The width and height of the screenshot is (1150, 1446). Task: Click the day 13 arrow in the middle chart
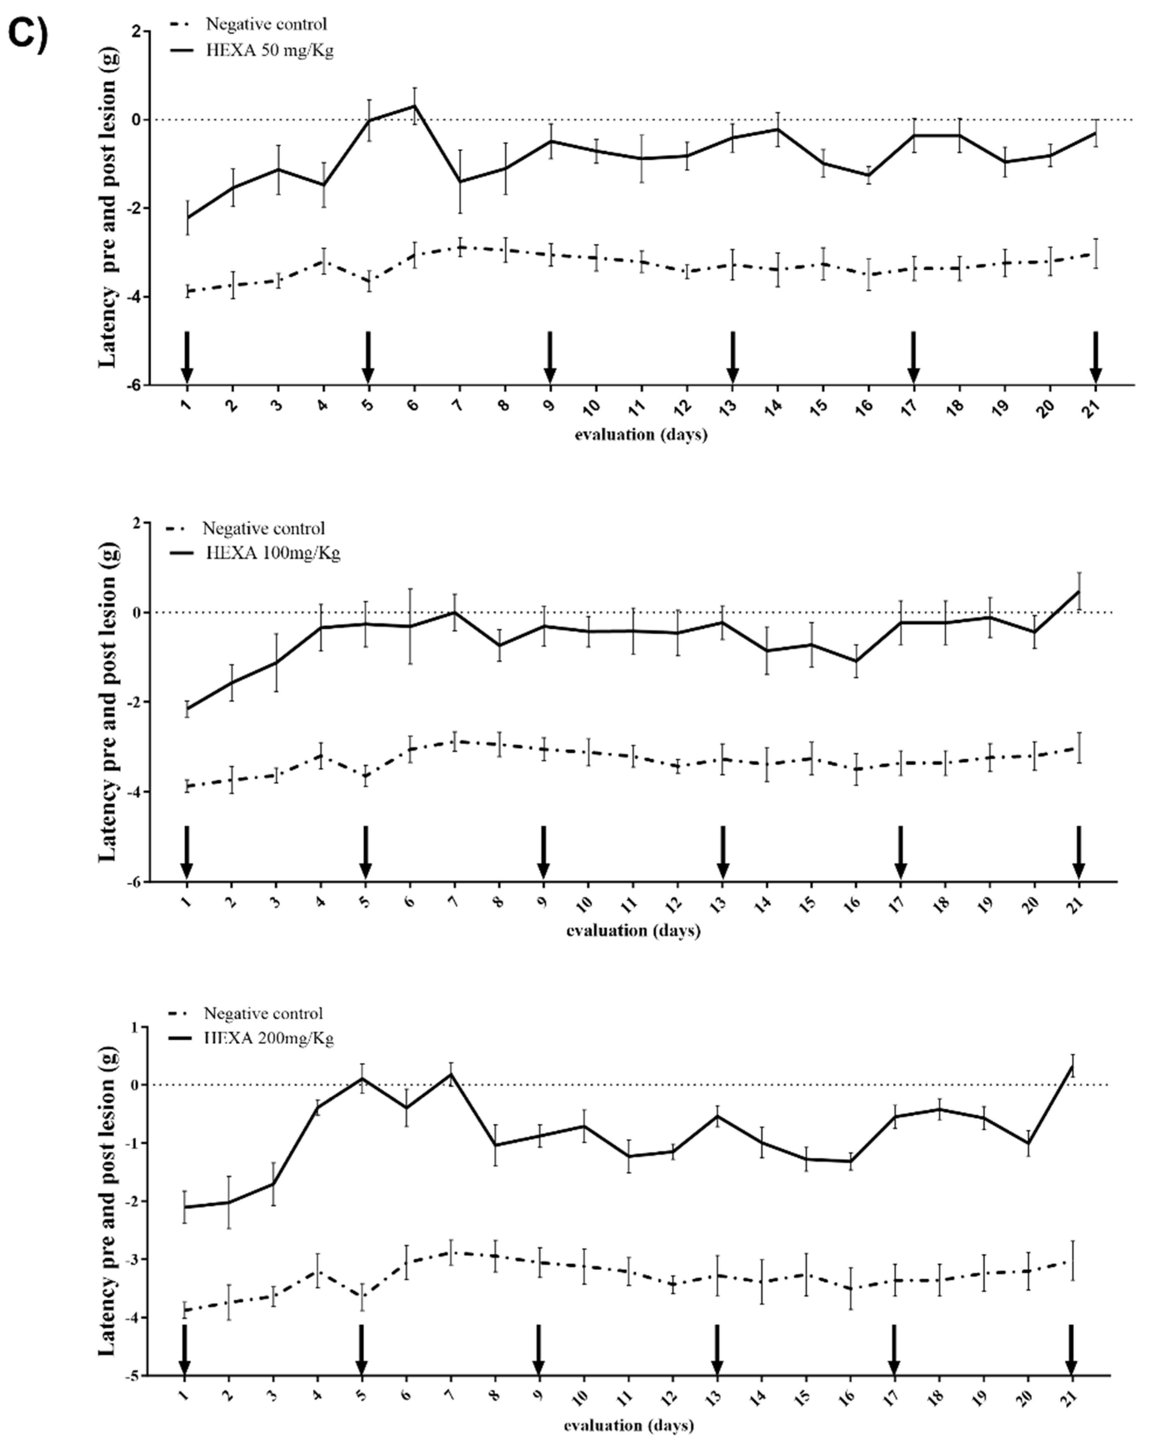722,852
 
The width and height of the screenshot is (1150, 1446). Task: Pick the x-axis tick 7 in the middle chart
454,902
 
